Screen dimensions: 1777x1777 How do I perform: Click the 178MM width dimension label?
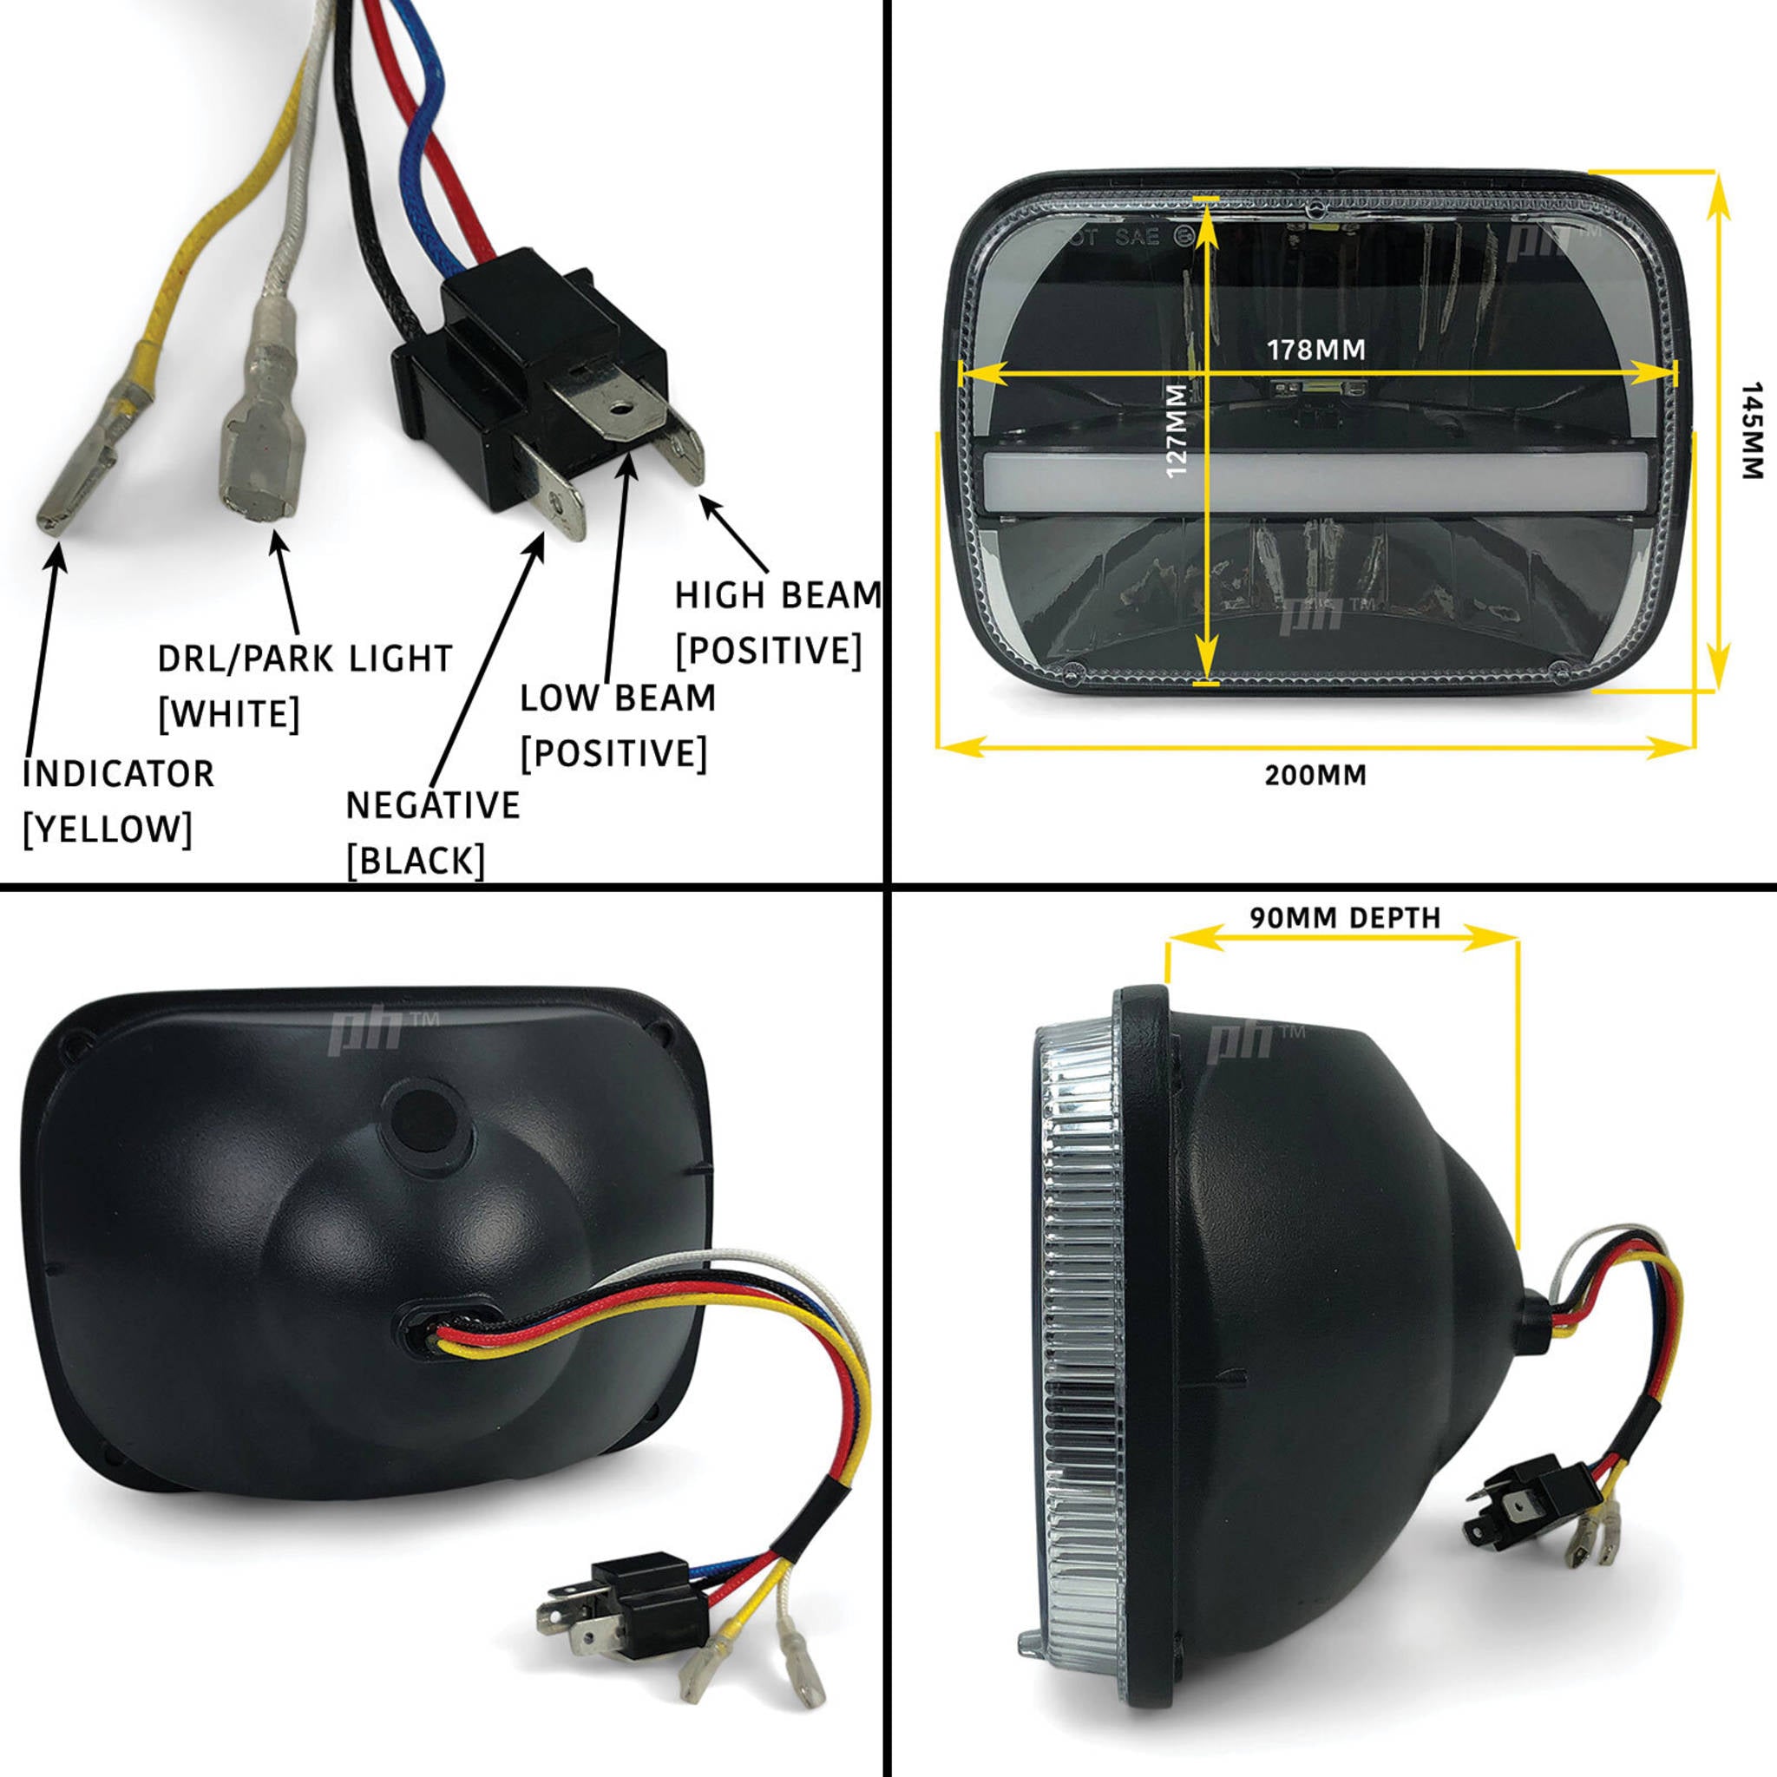1315,350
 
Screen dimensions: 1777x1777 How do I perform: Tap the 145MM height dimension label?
1752,429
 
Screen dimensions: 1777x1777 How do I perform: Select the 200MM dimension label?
1315,776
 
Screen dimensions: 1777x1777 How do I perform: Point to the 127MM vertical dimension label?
1177,430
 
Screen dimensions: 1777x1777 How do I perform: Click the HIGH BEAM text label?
778,596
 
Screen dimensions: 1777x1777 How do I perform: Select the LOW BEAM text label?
617,698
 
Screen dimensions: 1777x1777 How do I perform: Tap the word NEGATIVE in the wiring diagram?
432,806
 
